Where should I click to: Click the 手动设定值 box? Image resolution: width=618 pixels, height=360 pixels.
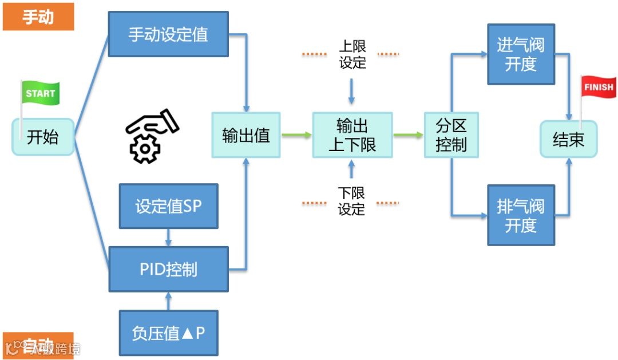[x=168, y=35]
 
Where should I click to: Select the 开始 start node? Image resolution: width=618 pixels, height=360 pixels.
[x=43, y=137]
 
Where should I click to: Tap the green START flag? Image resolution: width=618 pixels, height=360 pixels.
[x=41, y=94]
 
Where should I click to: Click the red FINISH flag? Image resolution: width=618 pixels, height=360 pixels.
[x=599, y=88]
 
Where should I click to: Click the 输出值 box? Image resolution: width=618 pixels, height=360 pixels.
[x=246, y=135]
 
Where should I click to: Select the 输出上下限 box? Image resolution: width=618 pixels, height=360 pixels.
[x=352, y=135]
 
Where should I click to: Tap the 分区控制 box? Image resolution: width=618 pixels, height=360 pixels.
[x=451, y=135]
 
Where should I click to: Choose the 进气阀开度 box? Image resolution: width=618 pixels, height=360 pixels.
[x=521, y=54]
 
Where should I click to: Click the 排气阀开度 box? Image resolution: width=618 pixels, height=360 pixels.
[x=521, y=215]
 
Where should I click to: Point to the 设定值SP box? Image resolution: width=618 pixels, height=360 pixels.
[x=168, y=206]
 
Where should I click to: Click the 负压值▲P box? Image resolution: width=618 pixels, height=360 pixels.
[x=168, y=333]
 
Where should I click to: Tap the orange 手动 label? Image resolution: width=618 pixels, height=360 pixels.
[x=38, y=17]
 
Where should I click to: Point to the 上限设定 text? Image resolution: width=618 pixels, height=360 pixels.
[x=352, y=54]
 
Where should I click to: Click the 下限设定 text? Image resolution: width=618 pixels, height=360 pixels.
[x=351, y=201]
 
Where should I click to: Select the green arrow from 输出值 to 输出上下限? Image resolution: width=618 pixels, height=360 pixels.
[x=296, y=135]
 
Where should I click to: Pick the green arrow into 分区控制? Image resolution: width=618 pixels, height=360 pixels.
[x=408, y=135]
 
